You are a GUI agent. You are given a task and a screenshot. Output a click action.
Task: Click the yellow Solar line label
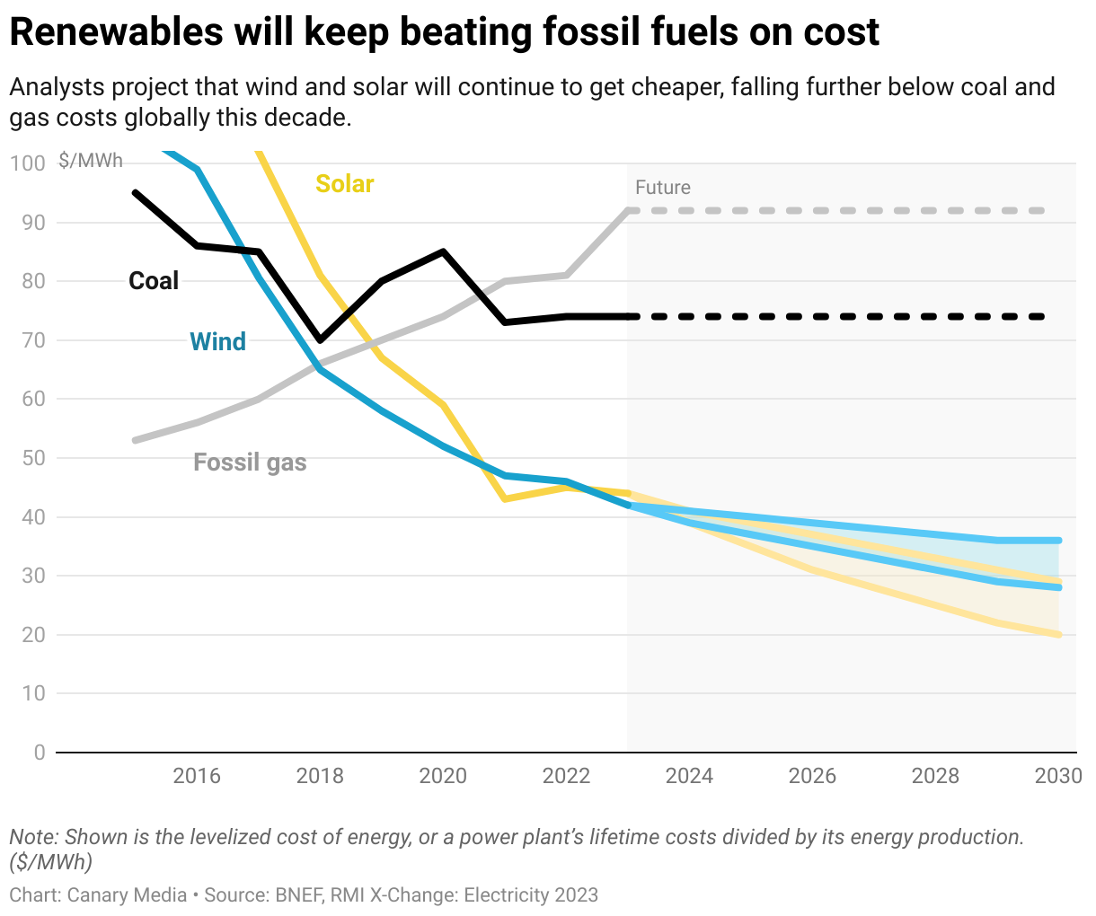(x=344, y=184)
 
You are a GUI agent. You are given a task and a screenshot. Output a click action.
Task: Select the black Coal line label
(x=154, y=281)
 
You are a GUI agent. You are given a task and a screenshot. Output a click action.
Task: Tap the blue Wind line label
(x=217, y=342)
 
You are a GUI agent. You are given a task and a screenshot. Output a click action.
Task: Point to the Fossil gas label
(x=250, y=462)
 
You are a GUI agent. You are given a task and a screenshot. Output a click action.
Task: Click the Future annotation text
(x=662, y=188)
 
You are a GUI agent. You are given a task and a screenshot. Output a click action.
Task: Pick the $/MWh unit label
(x=91, y=162)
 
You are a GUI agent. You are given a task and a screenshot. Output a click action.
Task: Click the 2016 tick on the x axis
(x=197, y=776)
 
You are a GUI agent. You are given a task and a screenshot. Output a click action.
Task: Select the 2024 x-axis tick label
(x=689, y=776)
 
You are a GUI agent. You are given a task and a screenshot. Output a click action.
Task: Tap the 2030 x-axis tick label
(x=1058, y=776)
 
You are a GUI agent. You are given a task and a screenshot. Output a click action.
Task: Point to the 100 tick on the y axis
(x=28, y=163)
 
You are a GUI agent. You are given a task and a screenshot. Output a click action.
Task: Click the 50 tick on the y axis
(x=33, y=458)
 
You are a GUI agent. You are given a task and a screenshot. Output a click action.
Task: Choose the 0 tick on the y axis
(x=39, y=753)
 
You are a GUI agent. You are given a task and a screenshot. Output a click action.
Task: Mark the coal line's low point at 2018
(x=320, y=340)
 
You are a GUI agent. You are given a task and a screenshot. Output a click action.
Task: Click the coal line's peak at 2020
(x=443, y=251)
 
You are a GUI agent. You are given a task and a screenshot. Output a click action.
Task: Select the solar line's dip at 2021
(x=505, y=498)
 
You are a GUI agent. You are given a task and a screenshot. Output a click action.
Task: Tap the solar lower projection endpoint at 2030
(x=1059, y=635)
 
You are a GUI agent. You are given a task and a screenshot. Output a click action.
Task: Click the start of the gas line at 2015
(x=135, y=440)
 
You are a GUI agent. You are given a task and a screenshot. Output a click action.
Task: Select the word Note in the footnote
(x=32, y=837)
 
